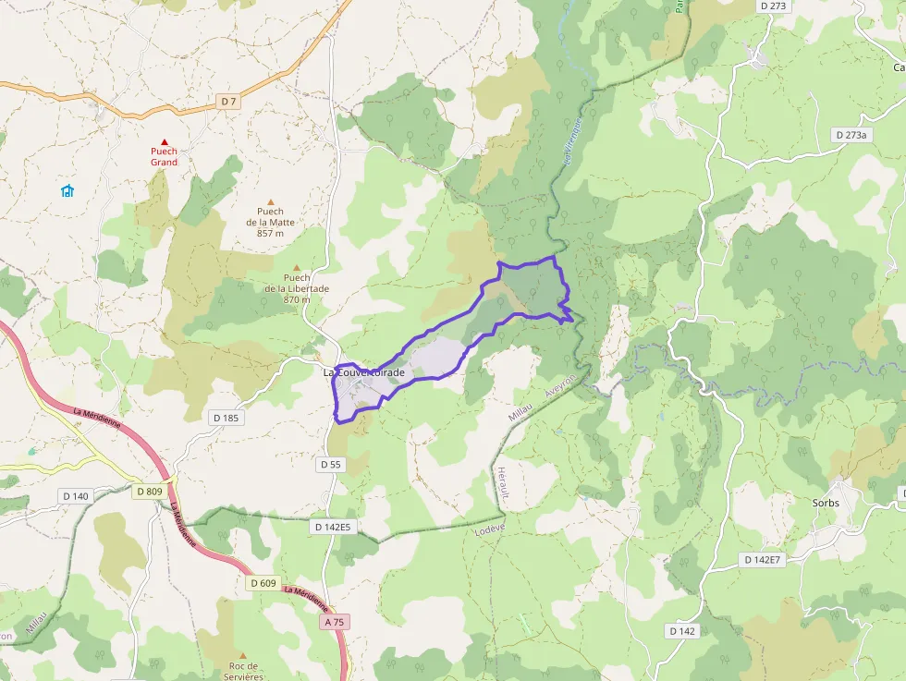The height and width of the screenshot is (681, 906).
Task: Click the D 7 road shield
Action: click(229, 101)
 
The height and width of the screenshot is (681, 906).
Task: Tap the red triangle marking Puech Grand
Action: click(165, 141)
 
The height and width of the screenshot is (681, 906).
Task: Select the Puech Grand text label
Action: click(165, 156)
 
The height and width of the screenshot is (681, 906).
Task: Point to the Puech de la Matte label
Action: click(271, 222)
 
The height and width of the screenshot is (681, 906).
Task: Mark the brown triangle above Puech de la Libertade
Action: click(297, 268)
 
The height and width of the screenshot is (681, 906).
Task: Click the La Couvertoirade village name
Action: click(364, 372)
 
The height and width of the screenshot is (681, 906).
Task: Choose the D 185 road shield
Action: click(225, 418)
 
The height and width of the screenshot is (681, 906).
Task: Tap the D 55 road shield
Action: click(331, 465)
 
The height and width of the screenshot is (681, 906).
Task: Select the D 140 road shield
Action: click(76, 496)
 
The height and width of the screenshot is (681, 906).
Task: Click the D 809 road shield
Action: click(149, 491)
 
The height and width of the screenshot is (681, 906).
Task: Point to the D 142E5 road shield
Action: click(333, 527)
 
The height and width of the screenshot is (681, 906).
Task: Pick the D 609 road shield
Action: click(263, 583)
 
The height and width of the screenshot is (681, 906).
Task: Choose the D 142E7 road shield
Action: click(763, 560)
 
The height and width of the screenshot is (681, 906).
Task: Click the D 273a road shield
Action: click(851, 135)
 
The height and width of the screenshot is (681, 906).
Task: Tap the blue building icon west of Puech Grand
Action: click(67, 191)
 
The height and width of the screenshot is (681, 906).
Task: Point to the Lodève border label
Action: click(488, 530)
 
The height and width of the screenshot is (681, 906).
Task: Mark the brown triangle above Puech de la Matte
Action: click(271, 202)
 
